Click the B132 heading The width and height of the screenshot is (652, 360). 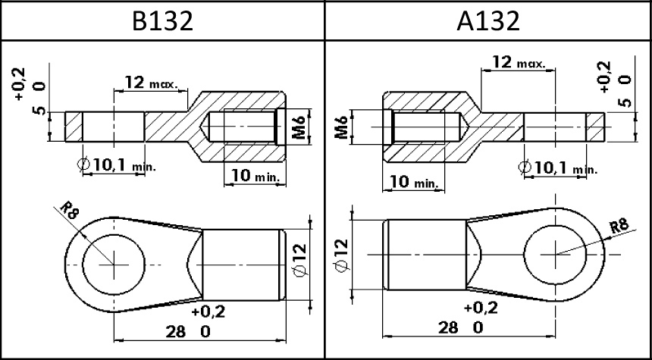162,20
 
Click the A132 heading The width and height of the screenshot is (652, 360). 488,20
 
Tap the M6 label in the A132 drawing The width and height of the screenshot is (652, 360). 341,127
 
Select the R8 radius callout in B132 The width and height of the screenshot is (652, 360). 69,210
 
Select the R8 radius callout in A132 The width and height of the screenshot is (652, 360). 619,227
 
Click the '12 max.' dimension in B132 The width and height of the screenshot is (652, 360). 152,83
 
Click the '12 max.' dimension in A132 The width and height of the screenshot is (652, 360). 518,62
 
